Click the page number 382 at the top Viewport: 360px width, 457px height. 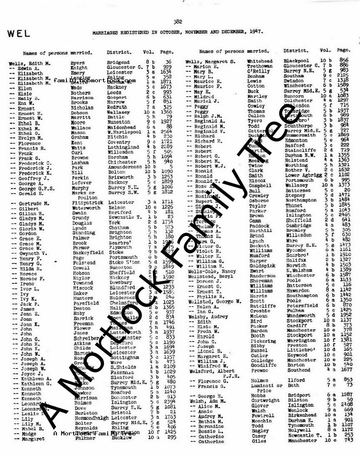pyautogui.click(x=178, y=22)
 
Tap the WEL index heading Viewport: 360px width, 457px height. pyautogui.click(x=19, y=34)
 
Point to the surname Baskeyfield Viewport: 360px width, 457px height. pyautogui.click(x=88, y=253)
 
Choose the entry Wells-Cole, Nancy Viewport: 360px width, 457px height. pyautogui.click(x=212, y=271)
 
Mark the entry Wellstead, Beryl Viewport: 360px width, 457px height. pyautogui.click(x=210, y=276)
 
